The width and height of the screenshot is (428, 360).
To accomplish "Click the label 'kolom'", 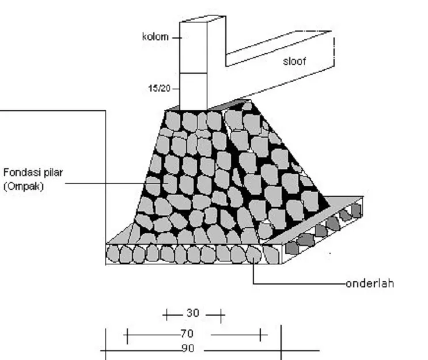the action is coord(156,37).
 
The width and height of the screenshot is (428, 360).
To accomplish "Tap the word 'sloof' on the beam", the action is coord(294,62).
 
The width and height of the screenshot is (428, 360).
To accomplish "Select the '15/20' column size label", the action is coord(160,89).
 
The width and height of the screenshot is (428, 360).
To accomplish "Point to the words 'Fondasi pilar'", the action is coord(33,173).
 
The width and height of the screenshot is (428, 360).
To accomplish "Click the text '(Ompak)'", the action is coord(24,187).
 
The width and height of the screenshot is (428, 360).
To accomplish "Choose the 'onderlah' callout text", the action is coord(370,283).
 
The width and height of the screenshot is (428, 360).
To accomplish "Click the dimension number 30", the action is coord(193,313).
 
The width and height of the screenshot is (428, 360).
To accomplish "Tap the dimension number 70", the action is coord(187,334).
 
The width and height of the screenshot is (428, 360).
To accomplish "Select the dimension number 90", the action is coord(188,348).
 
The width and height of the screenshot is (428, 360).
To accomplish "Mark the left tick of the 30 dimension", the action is coord(166,315).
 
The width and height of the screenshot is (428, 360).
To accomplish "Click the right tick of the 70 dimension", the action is coord(260,335).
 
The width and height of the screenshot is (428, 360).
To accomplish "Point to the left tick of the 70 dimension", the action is coord(127,336).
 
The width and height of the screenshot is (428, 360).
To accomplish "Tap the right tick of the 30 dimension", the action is coord(221,316).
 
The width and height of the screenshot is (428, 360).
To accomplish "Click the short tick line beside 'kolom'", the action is coord(176,37).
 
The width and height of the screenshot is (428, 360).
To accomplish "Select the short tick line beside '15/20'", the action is coord(176,89).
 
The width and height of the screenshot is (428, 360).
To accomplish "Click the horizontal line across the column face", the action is coord(193,73).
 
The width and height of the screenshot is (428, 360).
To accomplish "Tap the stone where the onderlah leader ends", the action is coord(254,255).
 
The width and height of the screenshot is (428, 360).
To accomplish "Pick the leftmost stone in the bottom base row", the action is coord(112,255).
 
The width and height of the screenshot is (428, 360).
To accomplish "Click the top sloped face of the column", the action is coord(203,19).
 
